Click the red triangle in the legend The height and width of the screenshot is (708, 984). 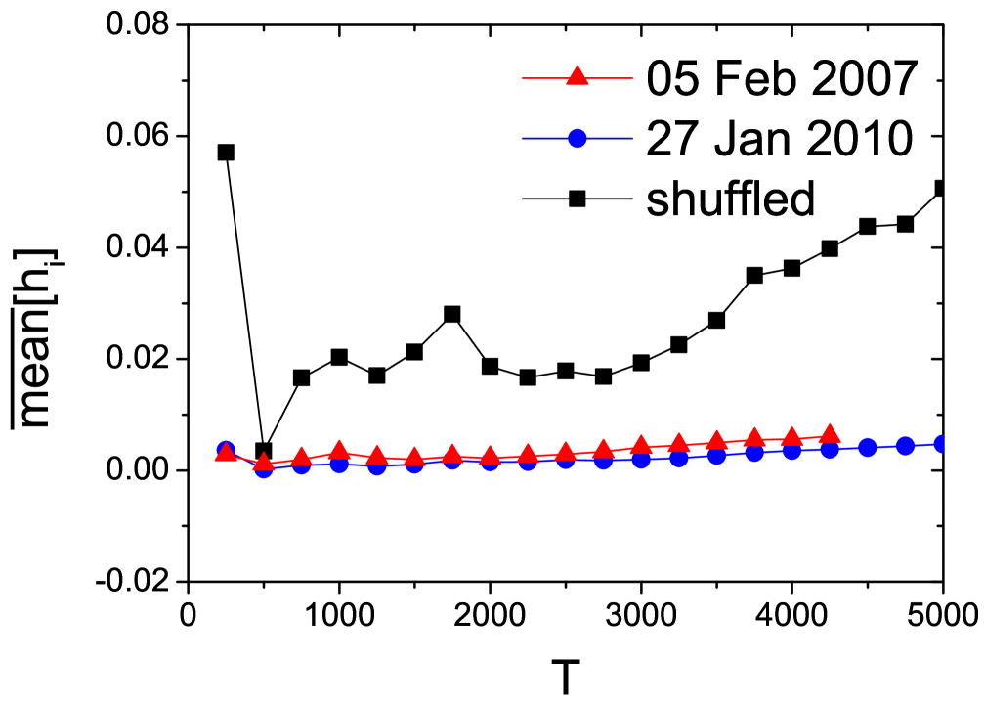click(x=578, y=76)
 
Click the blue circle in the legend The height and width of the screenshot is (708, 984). click(x=578, y=138)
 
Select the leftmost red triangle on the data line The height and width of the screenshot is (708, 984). click(x=226, y=451)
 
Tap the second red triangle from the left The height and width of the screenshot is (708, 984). click(x=264, y=463)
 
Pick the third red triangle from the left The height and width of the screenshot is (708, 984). click(x=301, y=457)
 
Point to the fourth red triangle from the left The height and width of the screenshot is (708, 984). click(x=339, y=451)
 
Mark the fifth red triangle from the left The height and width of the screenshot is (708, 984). click(x=377, y=456)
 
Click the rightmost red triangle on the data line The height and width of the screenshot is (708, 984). click(x=830, y=434)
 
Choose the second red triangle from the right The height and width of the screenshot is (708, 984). click(x=791, y=437)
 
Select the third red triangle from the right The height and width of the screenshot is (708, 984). click(x=754, y=437)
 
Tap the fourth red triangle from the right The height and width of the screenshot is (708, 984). click(x=716, y=440)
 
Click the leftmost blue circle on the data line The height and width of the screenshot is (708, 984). click(x=226, y=450)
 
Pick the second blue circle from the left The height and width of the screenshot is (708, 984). click(x=264, y=468)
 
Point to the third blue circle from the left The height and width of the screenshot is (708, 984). click(x=301, y=465)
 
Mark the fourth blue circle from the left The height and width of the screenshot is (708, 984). click(x=339, y=463)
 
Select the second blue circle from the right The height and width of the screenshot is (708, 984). click(x=905, y=446)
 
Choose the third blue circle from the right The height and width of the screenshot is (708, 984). click(x=868, y=448)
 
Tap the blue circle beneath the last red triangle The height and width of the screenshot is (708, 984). click(x=830, y=449)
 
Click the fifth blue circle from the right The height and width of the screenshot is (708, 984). click(x=791, y=451)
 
